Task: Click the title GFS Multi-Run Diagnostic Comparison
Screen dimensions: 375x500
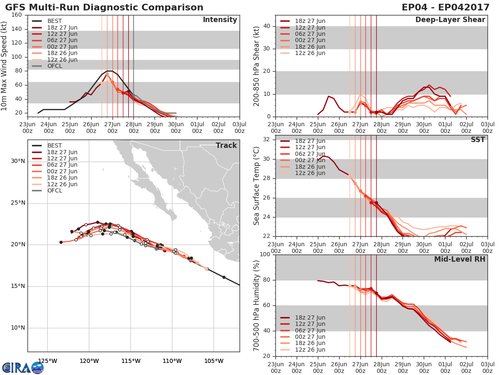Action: (x=104, y=7)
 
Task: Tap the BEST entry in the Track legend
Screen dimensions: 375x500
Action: (x=55, y=145)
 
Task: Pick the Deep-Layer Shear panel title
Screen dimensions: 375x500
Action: (x=450, y=20)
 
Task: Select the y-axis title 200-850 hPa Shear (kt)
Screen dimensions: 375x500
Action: (x=257, y=66)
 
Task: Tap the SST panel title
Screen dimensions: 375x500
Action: (x=477, y=140)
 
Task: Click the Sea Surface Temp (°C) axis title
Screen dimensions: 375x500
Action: (x=257, y=186)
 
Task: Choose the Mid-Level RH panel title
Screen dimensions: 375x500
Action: (x=459, y=259)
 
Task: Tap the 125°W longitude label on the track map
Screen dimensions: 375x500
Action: (x=47, y=361)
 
